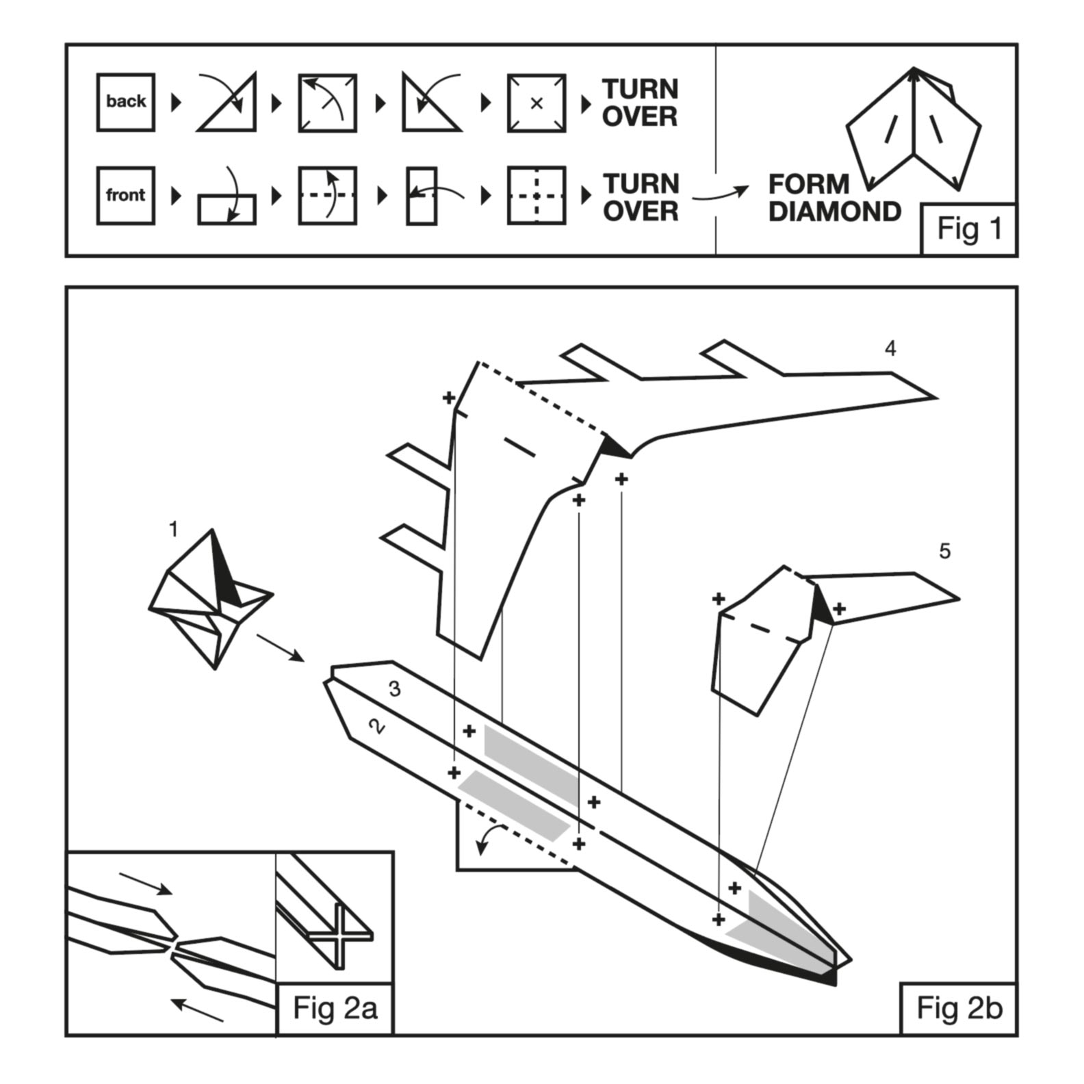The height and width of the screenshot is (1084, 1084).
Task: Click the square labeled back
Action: pos(125,102)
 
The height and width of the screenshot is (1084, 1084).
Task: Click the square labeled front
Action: pos(125,196)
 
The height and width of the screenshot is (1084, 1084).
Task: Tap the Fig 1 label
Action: pos(969,229)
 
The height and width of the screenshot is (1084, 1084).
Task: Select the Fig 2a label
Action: pos(335,1008)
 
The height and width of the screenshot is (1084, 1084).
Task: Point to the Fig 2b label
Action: pos(959,1008)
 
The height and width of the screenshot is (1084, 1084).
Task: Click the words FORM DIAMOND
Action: pos(834,198)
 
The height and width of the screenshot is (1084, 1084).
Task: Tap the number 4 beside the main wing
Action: pos(890,349)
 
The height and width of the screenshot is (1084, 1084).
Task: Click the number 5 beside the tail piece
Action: pos(944,551)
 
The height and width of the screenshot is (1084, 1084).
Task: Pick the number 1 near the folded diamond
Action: pos(173,529)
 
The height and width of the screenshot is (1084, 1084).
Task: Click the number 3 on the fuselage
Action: pos(394,688)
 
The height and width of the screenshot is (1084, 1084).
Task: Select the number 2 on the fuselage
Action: pos(376,725)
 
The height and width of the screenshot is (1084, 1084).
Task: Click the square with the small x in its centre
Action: pos(537,103)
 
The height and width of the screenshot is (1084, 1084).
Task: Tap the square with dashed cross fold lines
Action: pos(537,196)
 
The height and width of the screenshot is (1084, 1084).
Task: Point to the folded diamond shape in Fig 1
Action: pos(914,130)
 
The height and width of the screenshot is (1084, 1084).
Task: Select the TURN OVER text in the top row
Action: pos(640,103)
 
